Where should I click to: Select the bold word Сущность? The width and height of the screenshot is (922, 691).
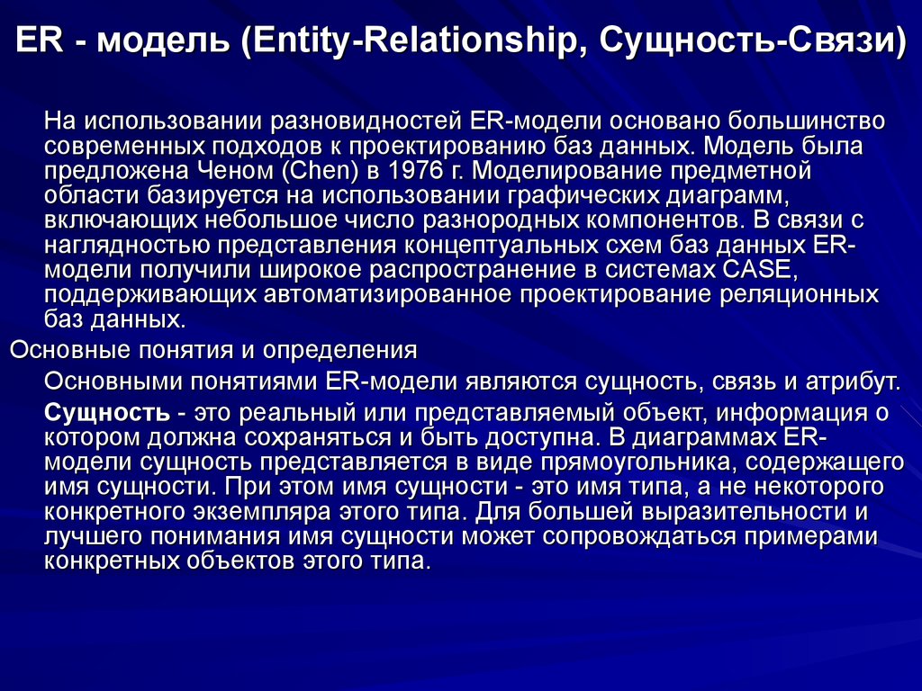coord(106,413)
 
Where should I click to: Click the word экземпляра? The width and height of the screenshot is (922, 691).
coord(300,513)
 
